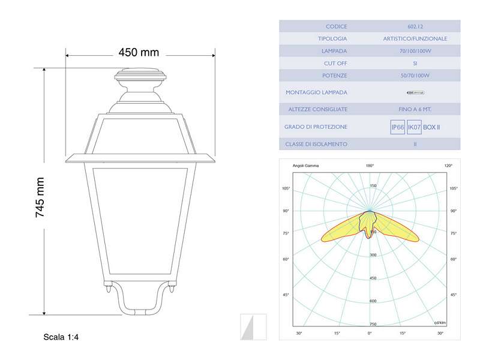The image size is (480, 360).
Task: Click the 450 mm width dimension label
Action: pos(139,52)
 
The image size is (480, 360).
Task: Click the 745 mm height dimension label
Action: pos(40,197)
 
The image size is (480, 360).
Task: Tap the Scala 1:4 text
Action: pos(61,338)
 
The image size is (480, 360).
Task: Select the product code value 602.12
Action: pos(415,26)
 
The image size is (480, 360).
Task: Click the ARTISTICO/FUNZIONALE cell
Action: pos(415,38)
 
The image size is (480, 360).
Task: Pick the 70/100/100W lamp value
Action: pos(415,51)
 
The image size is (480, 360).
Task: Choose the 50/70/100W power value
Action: pos(415,76)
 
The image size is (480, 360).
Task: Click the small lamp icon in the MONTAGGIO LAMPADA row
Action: pos(415,92)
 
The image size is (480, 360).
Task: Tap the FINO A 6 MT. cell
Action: pos(415,109)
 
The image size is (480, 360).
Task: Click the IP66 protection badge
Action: pos(397,127)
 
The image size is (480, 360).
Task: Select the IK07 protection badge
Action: pos(414,127)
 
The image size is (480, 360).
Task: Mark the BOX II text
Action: pos(432,127)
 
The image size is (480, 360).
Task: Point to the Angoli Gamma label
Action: pos(305,165)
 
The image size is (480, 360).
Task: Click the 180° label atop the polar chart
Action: pos(370,165)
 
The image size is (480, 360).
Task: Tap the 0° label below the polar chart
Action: pos(370,333)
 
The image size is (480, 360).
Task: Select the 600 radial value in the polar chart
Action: pos(373,301)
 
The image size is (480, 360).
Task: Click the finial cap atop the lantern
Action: pos(140,76)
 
